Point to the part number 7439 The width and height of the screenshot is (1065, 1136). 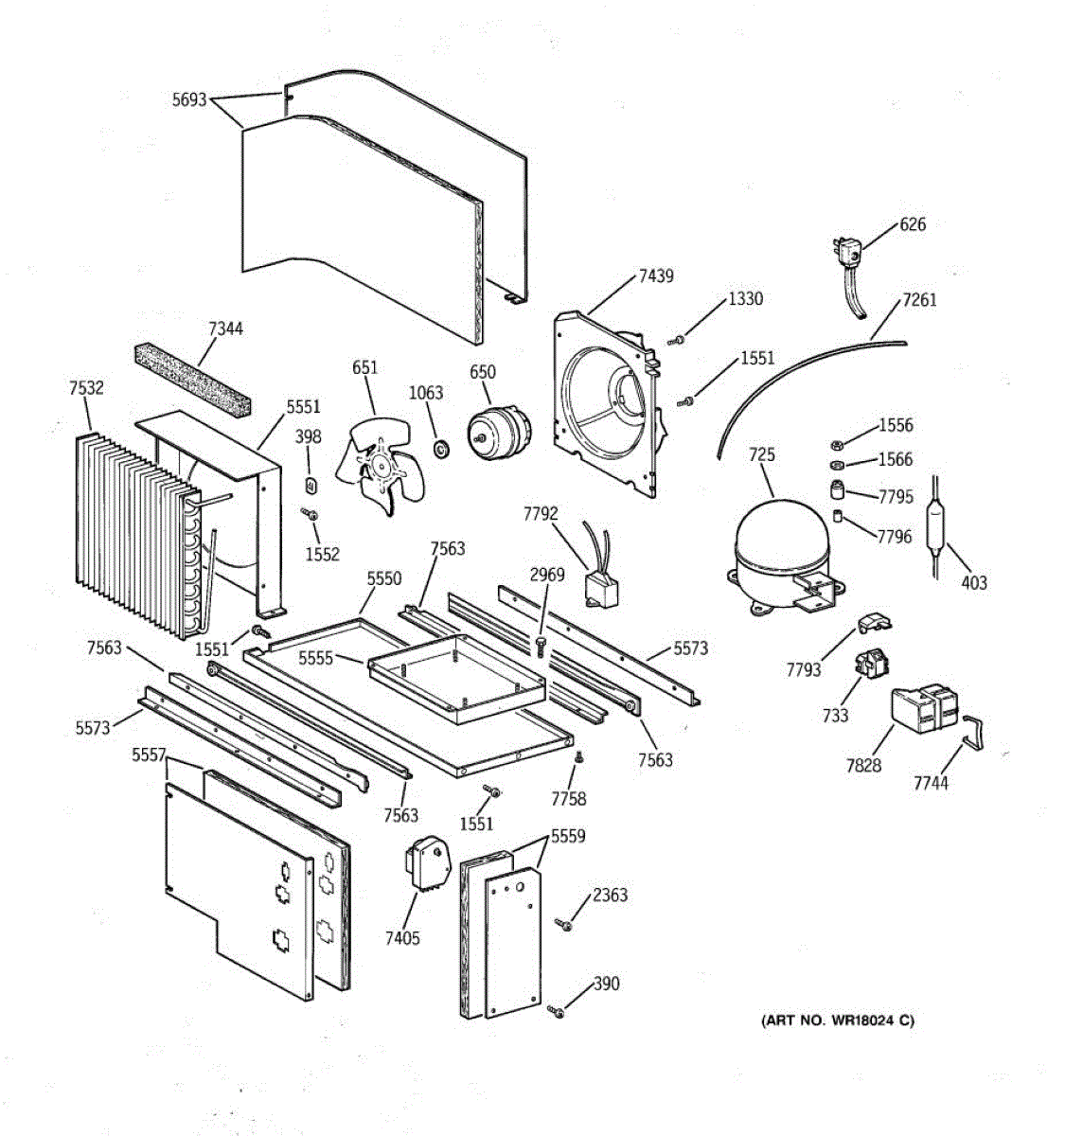656,275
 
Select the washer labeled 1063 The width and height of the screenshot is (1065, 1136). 440,445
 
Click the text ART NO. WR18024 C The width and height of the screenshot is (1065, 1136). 838,1020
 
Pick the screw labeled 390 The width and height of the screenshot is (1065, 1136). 557,1013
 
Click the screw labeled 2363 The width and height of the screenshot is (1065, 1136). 565,924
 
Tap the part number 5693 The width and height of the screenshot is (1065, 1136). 189,98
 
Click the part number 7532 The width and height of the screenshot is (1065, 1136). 87,387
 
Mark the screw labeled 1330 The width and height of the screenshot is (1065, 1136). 676,339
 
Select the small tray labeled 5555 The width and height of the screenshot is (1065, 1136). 454,676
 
